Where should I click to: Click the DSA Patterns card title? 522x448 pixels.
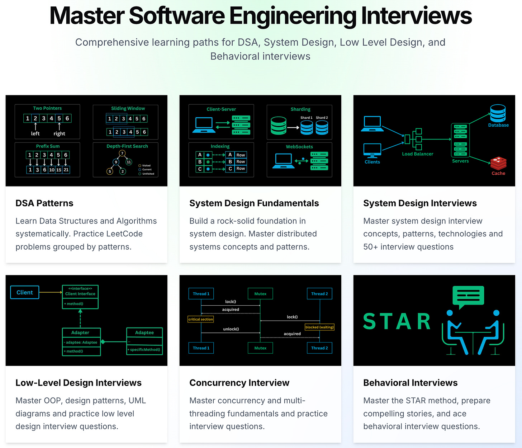click(44, 203)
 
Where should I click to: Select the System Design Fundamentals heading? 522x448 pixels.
click(254, 203)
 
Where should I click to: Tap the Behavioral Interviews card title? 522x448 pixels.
click(410, 383)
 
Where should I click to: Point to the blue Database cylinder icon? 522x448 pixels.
click(498, 113)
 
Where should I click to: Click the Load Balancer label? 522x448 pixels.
click(417, 154)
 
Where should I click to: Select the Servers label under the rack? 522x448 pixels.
click(460, 161)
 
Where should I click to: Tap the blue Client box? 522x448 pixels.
click(25, 292)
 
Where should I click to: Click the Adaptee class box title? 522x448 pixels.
click(144, 333)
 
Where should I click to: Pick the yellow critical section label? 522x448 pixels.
click(201, 319)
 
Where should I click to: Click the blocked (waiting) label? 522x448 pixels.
click(319, 327)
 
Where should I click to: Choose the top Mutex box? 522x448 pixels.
click(260, 294)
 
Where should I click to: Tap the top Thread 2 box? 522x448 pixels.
click(319, 294)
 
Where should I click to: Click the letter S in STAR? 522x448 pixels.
click(370, 321)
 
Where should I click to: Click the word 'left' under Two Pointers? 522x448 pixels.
click(35, 133)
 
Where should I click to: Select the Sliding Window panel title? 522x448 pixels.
click(128, 108)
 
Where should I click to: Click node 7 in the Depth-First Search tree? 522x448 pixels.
click(122, 153)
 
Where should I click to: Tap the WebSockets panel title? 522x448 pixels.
click(299, 147)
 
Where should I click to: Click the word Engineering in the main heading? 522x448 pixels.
click(293, 16)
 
